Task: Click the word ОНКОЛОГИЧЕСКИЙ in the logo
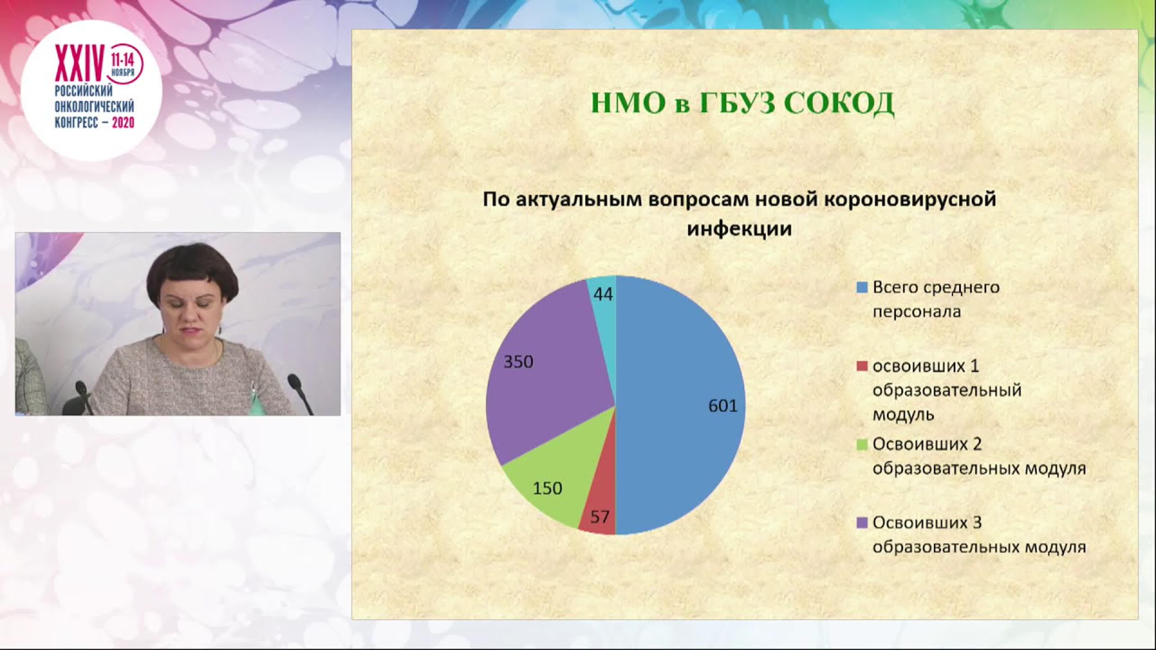pyautogui.click(x=94, y=107)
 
